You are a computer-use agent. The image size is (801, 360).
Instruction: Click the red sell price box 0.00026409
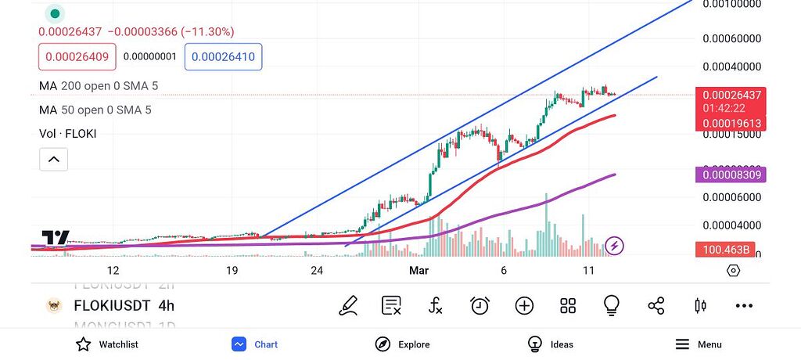coord(77,56)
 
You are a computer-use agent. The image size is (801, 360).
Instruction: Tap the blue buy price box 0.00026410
coord(223,56)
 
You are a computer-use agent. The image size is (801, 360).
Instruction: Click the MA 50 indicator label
coord(95,110)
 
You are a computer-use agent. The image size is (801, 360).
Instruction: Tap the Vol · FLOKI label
coord(67,134)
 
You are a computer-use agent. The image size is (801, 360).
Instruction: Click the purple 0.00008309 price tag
coord(731,175)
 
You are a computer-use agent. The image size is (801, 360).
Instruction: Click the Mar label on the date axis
coord(418,271)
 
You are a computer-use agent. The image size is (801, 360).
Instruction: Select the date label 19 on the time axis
coord(232,271)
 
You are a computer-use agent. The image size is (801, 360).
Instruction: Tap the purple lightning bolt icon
coord(615,247)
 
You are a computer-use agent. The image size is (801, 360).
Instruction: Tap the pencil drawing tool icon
coord(348,306)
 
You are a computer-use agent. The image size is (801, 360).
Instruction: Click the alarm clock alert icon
coord(480,306)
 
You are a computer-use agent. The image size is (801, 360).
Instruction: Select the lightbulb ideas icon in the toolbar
coord(612,306)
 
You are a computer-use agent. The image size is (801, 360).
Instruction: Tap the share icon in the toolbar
coord(656,306)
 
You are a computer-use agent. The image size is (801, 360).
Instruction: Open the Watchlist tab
coord(107,344)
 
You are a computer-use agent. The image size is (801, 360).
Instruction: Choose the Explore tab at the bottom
coord(402,344)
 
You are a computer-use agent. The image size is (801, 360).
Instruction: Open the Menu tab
coord(698,344)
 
